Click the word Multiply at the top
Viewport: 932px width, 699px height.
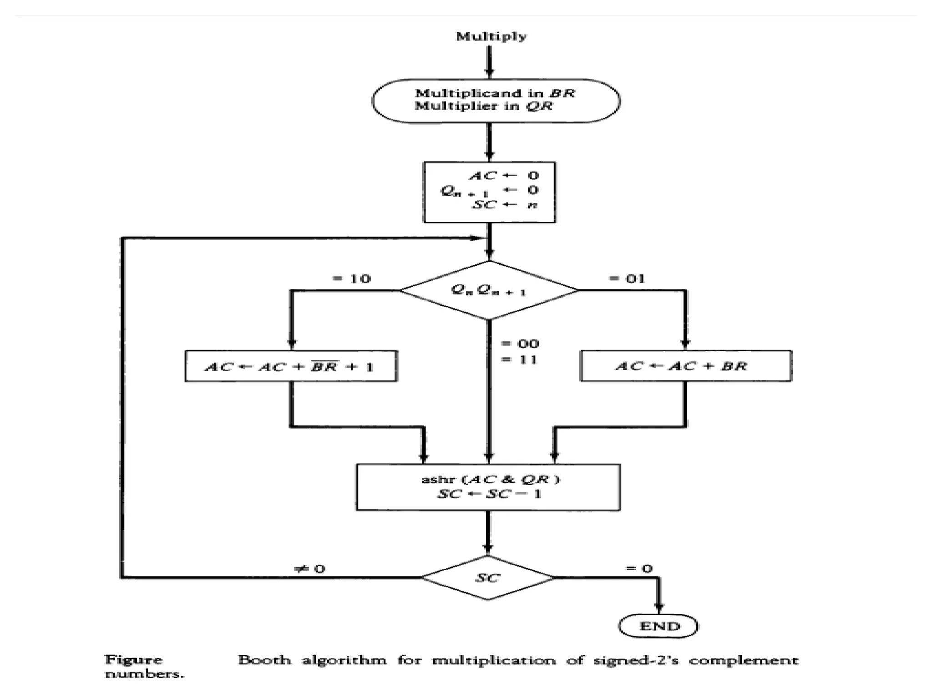pyautogui.click(x=491, y=36)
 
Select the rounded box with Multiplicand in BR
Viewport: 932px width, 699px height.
pyautogui.click(x=496, y=100)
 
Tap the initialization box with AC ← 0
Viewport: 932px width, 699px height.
pyautogui.click(x=489, y=192)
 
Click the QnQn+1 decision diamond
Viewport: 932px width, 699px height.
pyautogui.click(x=489, y=290)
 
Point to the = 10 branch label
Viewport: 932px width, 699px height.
pyautogui.click(x=351, y=279)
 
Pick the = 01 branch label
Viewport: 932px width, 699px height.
pyautogui.click(x=627, y=279)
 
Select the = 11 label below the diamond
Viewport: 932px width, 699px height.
pyautogui.click(x=519, y=360)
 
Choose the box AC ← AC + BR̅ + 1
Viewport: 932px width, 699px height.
pyautogui.click(x=291, y=366)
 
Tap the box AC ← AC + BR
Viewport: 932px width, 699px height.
pyautogui.click(x=685, y=366)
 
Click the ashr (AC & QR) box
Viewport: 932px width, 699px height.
pyautogui.click(x=488, y=487)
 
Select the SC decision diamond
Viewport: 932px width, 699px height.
pyautogui.click(x=487, y=577)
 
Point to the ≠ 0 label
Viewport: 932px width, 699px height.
pyautogui.click(x=310, y=569)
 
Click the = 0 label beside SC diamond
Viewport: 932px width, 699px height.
pyautogui.click(x=639, y=568)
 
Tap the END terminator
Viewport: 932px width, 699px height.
pyautogui.click(x=658, y=626)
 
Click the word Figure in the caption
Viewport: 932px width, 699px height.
pyautogui.click(x=133, y=660)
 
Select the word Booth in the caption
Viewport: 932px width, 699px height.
pyautogui.click(x=264, y=660)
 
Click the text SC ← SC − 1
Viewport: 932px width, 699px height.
pyautogui.click(x=489, y=494)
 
